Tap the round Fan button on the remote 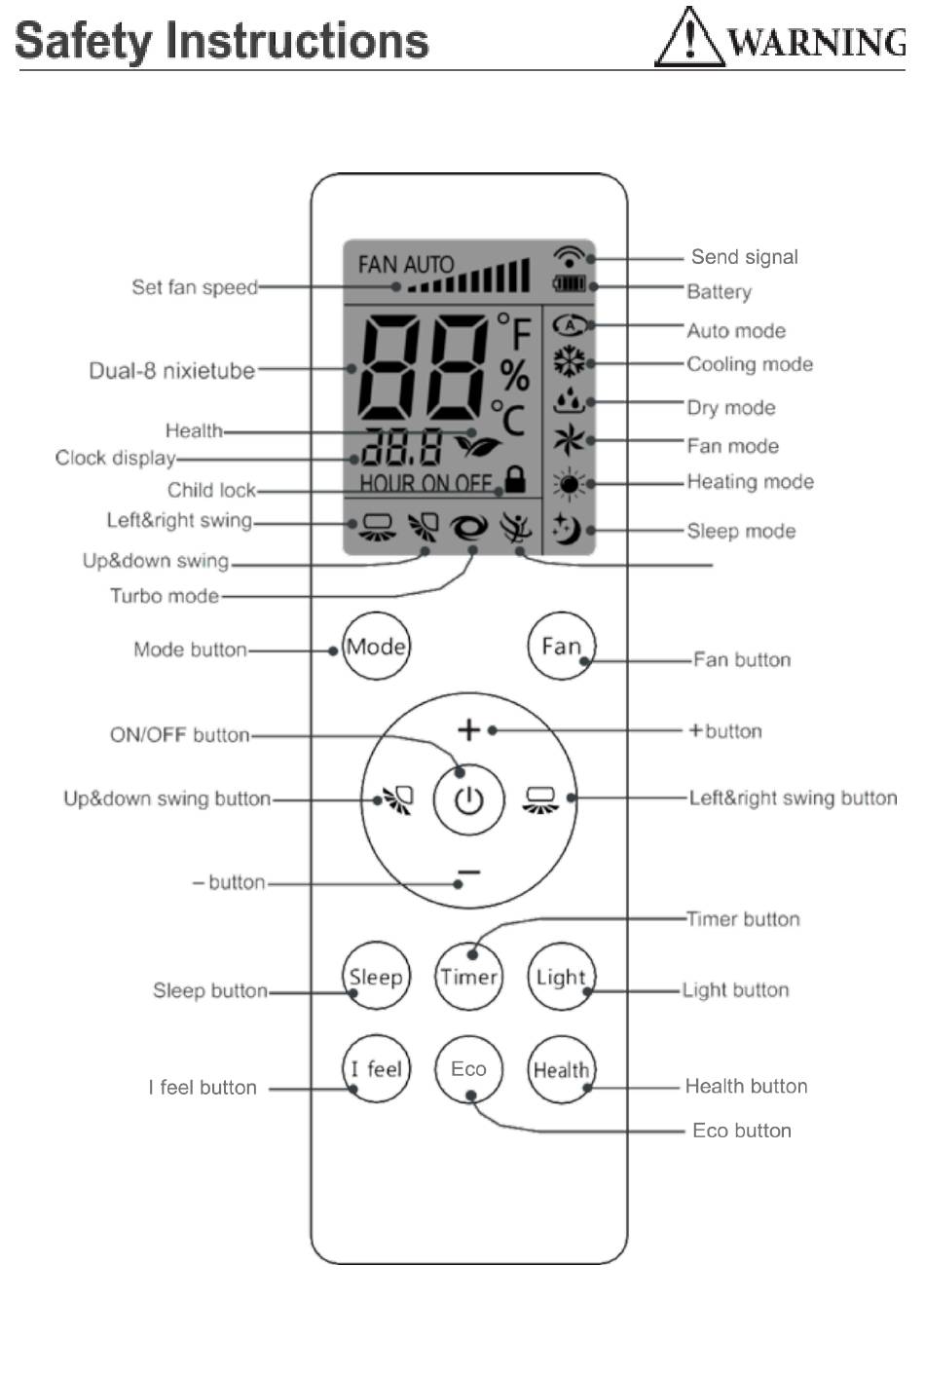click(561, 646)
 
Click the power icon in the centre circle click(469, 800)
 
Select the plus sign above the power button click(468, 729)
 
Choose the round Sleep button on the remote click(376, 977)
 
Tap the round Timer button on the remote click(468, 977)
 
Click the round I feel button click(376, 1069)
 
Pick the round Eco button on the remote click(468, 1069)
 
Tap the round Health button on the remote click(561, 1069)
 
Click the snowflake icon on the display click(570, 362)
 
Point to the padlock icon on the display click(515, 478)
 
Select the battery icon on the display click(570, 284)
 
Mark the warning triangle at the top click(689, 39)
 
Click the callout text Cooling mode click(749, 364)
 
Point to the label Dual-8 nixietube click(171, 370)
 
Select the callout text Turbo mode click(164, 595)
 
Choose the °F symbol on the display click(515, 331)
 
